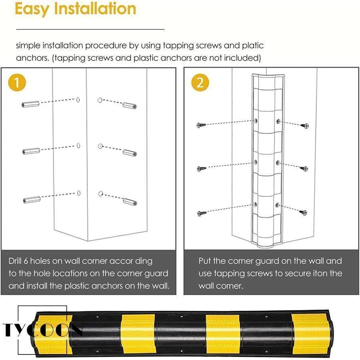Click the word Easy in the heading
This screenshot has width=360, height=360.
(32, 9)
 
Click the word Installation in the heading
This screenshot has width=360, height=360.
(95, 8)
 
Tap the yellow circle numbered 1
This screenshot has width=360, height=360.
(17, 83)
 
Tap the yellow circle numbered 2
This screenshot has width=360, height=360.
(200, 83)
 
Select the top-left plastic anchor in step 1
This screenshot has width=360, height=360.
(30, 104)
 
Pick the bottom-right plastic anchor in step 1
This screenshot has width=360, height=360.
(130, 202)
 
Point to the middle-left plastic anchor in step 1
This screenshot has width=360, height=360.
(31, 151)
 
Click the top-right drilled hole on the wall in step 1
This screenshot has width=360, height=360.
(100, 100)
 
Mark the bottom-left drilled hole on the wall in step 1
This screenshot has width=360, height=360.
(79, 193)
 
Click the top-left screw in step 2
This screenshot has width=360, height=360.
(201, 125)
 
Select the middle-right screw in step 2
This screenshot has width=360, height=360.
(304, 169)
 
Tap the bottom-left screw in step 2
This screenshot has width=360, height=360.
(202, 214)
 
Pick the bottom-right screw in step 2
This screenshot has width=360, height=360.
(303, 213)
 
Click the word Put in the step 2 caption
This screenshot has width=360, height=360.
(205, 261)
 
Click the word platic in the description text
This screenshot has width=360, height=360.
(253, 46)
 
